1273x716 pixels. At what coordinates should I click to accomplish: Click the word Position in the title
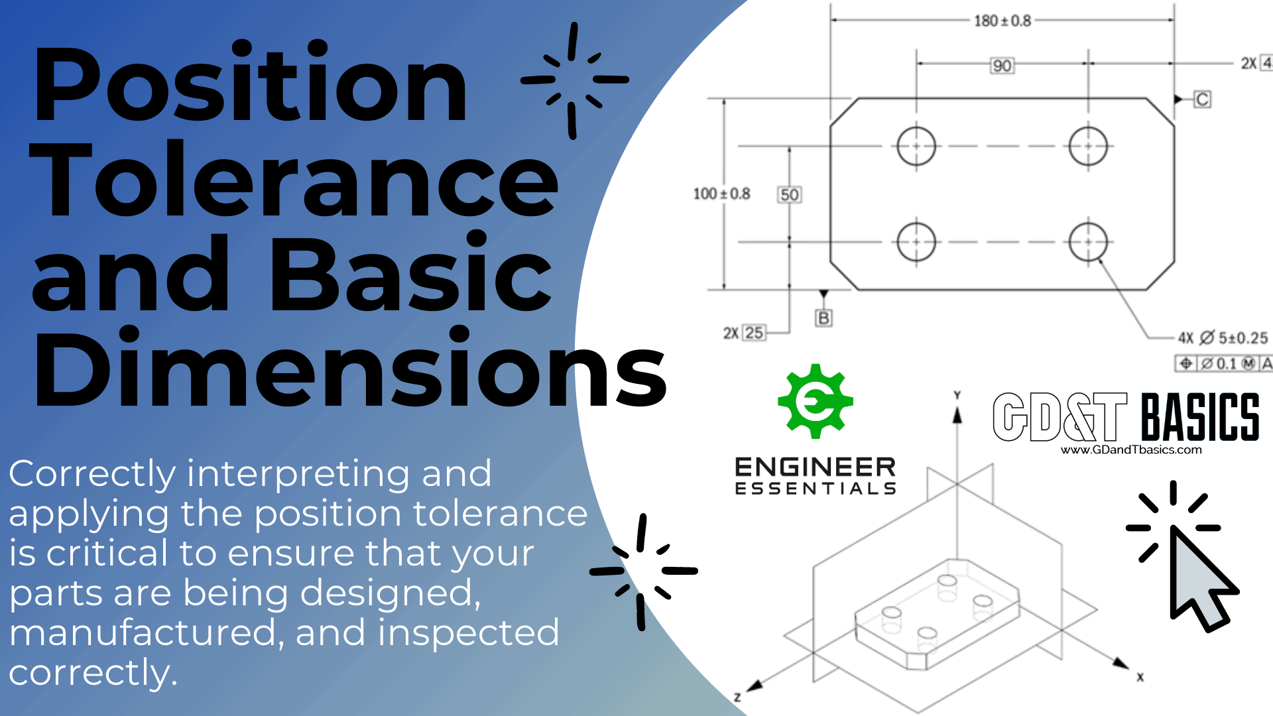click(251, 85)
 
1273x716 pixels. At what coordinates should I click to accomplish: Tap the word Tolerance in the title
click(294, 180)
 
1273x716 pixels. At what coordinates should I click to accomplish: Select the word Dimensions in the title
click(350, 369)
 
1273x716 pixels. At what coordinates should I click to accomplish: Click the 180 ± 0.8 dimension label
click(1002, 21)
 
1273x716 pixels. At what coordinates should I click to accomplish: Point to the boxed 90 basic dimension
click(1002, 66)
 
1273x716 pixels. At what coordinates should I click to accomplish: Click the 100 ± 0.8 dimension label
click(721, 194)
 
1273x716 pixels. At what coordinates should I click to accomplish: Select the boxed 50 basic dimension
click(789, 195)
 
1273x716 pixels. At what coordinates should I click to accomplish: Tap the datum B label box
click(823, 318)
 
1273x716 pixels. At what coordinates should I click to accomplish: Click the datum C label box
click(1203, 99)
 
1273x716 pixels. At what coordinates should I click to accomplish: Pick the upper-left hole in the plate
click(916, 146)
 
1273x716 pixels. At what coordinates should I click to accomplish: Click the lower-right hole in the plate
click(1088, 242)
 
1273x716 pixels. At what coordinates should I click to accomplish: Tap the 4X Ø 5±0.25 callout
click(1223, 338)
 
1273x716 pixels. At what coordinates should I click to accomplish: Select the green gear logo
click(815, 401)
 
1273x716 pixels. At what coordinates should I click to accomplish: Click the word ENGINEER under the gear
click(815, 467)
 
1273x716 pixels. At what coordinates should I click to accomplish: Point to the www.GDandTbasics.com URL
click(1131, 450)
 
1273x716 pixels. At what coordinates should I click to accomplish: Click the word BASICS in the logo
click(1200, 417)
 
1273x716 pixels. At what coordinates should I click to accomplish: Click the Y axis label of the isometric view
click(957, 395)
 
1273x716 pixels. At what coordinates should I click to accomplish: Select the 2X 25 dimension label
click(744, 333)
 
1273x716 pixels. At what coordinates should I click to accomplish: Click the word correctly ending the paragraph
click(92, 673)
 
